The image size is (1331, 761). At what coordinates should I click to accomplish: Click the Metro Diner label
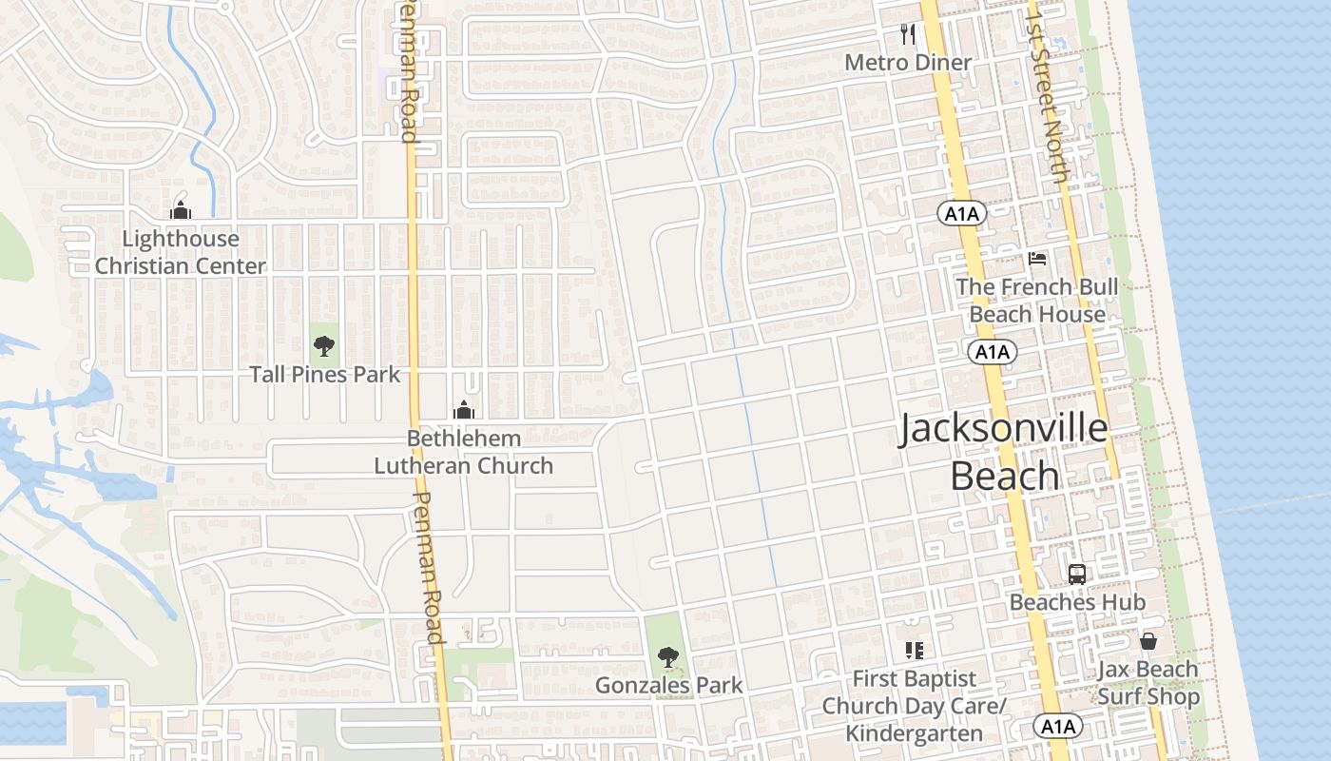(908, 63)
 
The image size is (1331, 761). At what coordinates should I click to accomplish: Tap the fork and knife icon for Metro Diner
(908, 35)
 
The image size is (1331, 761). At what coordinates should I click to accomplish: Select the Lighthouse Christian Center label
(181, 252)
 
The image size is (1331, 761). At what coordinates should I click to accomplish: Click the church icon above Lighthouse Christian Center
(181, 210)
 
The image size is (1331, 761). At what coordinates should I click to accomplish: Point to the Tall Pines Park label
(325, 375)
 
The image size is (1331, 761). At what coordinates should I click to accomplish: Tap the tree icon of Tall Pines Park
(324, 345)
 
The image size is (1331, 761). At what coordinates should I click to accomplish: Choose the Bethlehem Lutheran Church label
(464, 452)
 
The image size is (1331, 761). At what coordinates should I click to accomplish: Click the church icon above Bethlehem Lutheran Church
(464, 410)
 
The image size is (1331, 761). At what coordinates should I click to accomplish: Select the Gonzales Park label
(669, 685)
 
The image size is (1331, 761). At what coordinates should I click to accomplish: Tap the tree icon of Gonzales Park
(668, 655)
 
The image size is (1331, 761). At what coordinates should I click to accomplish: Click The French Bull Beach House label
(1037, 301)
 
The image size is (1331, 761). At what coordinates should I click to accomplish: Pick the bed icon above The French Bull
(1037, 259)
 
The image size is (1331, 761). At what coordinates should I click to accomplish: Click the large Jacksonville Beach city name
(1004, 452)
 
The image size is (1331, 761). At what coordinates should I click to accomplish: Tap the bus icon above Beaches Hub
(1077, 575)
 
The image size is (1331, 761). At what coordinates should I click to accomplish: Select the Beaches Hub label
(1077, 602)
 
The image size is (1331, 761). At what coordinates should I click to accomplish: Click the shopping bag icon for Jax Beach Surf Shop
(1148, 641)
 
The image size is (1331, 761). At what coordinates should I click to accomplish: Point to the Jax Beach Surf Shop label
(1148, 683)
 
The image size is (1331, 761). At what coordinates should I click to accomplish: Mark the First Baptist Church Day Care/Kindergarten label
(914, 706)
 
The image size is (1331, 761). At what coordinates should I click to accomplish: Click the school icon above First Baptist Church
(914, 651)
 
